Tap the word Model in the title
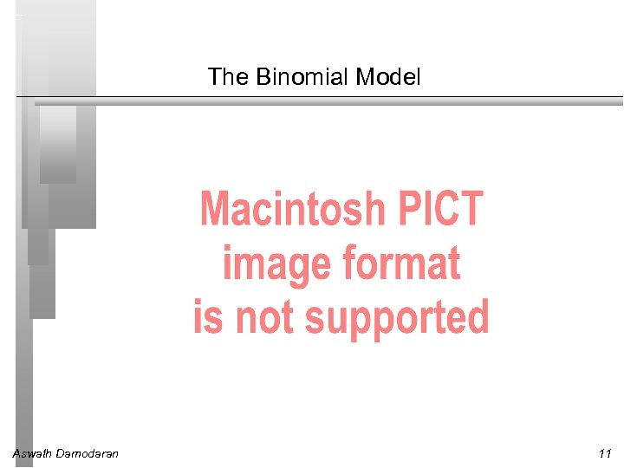388,77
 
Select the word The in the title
228,77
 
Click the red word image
276,263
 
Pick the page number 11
604,453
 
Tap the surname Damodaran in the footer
88,453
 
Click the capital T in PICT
471,209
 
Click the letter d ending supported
478,317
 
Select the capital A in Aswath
16,453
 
